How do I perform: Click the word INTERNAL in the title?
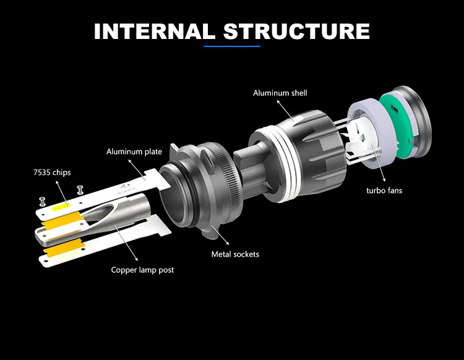(154, 31)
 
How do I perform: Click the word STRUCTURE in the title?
(296, 31)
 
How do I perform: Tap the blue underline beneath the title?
(232, 46)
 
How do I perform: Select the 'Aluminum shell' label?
(280, 93)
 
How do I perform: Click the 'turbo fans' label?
(384, 191)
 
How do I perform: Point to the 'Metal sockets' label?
(235, 254)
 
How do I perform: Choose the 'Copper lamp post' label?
(142, 270)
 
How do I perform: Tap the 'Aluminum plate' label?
(134, 152)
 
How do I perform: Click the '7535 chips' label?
(52, 173)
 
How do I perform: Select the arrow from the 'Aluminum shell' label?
(286, 111)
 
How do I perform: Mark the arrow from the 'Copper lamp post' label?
(126, 242)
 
